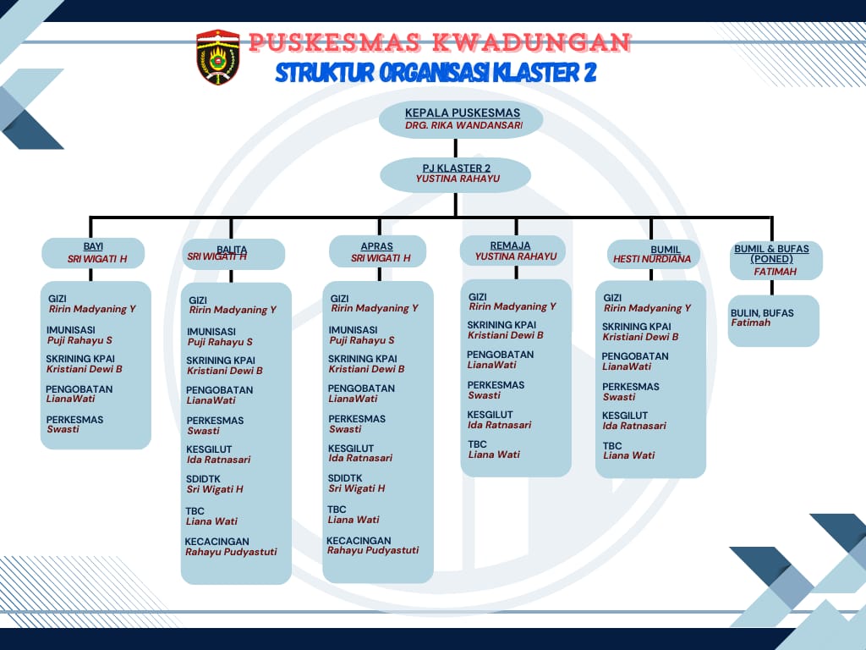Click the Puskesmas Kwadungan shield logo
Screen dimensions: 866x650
[218, 57]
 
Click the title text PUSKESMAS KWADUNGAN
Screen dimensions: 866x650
[439, 42]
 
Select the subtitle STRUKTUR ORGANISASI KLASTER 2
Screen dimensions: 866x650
[436, 73]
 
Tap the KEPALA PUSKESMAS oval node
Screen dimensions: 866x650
[461, 118]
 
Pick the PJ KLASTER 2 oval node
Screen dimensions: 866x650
[456, 174]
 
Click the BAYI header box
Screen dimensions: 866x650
[93, 253]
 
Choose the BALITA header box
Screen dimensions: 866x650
[233, 254]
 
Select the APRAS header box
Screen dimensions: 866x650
[378, 251]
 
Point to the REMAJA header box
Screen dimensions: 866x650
[513, 251]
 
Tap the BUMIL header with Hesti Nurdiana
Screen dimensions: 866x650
[654, 254]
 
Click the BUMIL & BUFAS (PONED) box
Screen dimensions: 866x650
[776, 261]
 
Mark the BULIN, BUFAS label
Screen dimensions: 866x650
[762, 313]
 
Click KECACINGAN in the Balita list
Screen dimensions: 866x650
[217, 542]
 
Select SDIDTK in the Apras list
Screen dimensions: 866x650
[345, 478]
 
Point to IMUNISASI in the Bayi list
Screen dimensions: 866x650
[71, 330]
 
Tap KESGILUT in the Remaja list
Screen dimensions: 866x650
[490, 415]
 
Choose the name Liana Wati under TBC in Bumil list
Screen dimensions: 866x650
[628, 455]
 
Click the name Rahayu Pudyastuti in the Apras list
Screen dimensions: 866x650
[373, 550]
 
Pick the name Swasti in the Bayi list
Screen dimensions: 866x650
[63, 429]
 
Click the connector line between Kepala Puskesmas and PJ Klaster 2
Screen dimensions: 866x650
[456, 148]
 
